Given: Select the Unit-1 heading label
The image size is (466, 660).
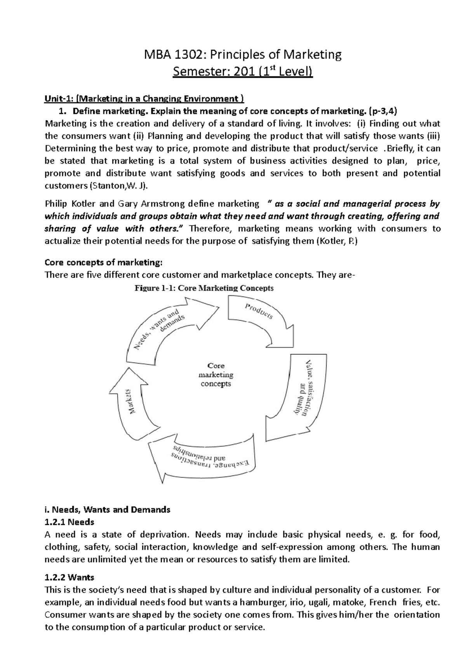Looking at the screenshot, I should pos(57,99).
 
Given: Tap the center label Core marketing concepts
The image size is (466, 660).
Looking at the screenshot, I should pos(216,375).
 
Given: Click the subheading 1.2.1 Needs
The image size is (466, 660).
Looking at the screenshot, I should pos(70,522).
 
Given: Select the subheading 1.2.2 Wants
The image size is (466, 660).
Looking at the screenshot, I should pos(70,577).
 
